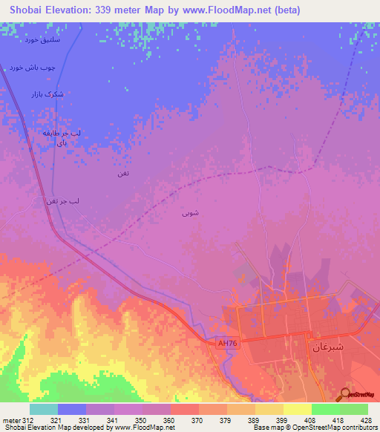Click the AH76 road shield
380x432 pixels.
226,343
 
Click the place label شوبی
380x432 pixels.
190,213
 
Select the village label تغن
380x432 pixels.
123,173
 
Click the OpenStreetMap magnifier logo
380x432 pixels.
346,394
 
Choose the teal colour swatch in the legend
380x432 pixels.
44,409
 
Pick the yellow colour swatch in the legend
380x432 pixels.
298,409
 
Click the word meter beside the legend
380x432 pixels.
11,420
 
